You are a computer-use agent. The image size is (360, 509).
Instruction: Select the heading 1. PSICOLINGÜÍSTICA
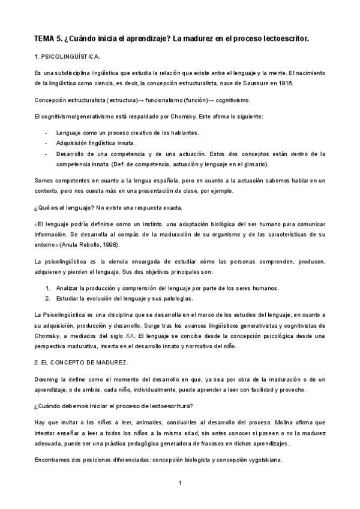tap(67, 56)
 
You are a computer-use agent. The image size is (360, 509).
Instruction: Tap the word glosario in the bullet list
tap(255, 164)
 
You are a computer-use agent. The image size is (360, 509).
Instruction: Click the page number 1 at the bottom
tap(179, 483)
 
